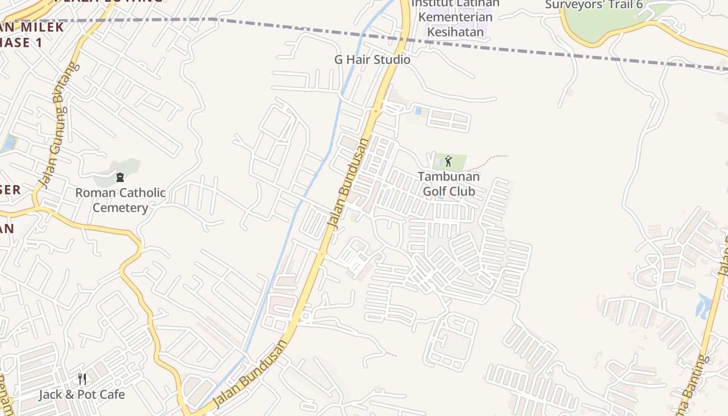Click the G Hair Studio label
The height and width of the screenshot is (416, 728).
(372, 60)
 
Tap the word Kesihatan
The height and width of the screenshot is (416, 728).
(455, 32)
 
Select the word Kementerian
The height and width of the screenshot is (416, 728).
(455, 17)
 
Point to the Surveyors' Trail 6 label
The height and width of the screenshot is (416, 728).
(594, 5)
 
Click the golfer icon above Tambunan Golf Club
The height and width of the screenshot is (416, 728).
(448, 161)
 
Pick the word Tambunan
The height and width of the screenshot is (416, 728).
(449, 176)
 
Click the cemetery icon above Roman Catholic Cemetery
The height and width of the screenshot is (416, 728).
(120, 177)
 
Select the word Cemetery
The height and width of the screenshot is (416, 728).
(121, 208)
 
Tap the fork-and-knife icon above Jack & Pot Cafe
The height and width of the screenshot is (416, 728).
(82, 379)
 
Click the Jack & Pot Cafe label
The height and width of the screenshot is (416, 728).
(82, 394)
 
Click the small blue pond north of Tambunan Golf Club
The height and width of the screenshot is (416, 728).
(418, 111)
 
